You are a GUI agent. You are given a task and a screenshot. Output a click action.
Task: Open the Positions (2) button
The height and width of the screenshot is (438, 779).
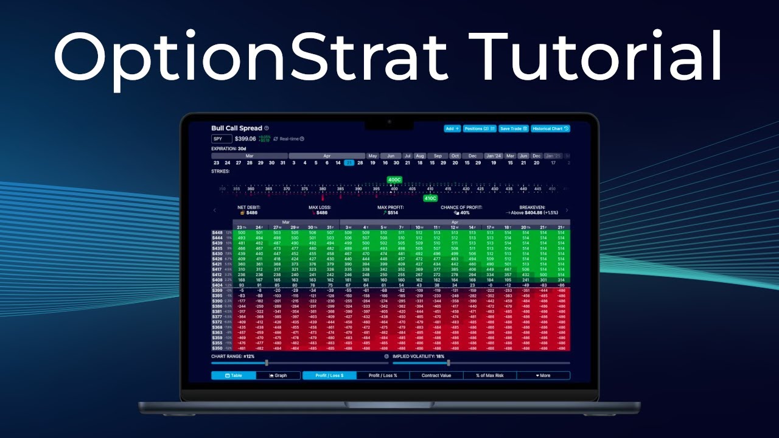(x=480, y=128)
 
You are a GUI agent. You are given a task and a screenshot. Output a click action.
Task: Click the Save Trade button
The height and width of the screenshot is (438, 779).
(x=514, y=128)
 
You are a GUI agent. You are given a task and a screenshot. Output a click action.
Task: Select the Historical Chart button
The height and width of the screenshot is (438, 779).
(x=550, y=128)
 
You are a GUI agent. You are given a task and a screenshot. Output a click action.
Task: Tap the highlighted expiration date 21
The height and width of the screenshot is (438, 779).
(x=349, y=162)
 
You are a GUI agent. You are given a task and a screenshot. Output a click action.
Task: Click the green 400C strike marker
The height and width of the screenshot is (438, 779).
(x=394, y=180)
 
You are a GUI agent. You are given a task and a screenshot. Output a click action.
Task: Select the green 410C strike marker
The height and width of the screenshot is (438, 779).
(x=430, y=198)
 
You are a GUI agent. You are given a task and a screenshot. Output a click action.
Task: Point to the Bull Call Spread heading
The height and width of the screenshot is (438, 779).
(x=237, y=128)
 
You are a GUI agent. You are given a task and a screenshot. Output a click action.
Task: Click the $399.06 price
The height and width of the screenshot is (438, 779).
(x=245, y=139)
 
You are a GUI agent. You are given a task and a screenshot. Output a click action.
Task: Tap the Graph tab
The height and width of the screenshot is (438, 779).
(x=278, y=375)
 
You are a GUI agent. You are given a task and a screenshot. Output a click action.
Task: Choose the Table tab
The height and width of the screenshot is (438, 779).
(x=234, y=375)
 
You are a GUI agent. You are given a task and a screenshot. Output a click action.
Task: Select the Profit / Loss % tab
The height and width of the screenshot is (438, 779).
(x=383, y=375)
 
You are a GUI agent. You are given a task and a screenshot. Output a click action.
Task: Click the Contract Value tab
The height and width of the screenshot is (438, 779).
(x=436, y=375)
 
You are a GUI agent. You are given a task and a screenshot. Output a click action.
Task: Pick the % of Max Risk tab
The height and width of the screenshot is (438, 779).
(x=490, y=375)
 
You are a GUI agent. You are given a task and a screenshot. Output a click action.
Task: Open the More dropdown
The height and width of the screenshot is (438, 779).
(x=543, y=375)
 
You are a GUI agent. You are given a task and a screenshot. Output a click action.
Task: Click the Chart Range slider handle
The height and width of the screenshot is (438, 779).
(x=267, y=363)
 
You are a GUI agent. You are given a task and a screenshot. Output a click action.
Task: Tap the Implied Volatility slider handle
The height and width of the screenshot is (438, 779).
(x=449, y=363)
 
